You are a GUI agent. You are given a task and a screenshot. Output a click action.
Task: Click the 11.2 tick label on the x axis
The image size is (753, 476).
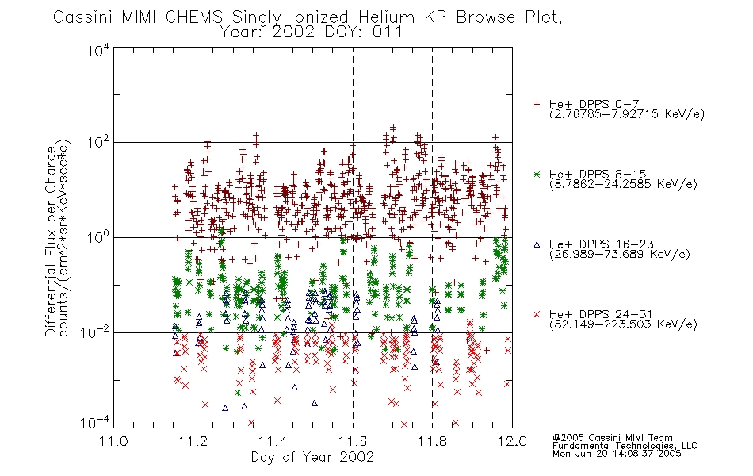coord(193,441)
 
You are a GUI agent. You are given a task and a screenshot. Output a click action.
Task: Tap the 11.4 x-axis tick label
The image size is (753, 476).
coord(273,441)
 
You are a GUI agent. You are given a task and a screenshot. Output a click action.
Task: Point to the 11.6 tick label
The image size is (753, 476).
coord(353,441)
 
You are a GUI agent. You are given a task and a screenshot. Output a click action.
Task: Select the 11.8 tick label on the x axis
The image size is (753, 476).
coord(432,441)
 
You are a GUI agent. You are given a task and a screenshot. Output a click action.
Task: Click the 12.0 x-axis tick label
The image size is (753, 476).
coord(512,441)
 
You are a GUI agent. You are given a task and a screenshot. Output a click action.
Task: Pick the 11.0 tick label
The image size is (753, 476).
coord(113,441)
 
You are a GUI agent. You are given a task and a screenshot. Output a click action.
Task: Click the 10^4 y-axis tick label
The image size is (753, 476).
coord(98,51)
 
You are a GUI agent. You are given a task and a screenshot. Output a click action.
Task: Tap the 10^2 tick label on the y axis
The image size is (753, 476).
coord(98,143)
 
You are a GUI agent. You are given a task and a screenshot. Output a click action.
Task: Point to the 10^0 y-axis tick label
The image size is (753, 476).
coord(98,238)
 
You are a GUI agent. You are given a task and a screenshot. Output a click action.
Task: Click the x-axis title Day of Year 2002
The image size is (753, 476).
coord(312,457)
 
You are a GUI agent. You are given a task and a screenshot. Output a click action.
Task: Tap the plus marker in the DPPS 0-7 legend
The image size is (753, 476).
coord(537,104)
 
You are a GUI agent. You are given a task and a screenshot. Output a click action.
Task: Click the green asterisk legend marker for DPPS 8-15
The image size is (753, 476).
coord(537,174)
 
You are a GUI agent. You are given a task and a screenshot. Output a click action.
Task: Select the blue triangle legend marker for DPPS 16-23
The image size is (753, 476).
coord(537,244)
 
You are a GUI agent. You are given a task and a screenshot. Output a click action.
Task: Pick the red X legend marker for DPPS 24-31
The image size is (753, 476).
coord(537,314)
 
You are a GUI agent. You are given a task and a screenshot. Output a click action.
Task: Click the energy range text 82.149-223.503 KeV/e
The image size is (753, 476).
coord(623,324)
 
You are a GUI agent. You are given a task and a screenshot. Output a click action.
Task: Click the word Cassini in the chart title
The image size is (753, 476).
coord(82,17)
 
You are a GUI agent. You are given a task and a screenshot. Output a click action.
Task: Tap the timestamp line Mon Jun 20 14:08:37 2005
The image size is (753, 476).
coord(617,454)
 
